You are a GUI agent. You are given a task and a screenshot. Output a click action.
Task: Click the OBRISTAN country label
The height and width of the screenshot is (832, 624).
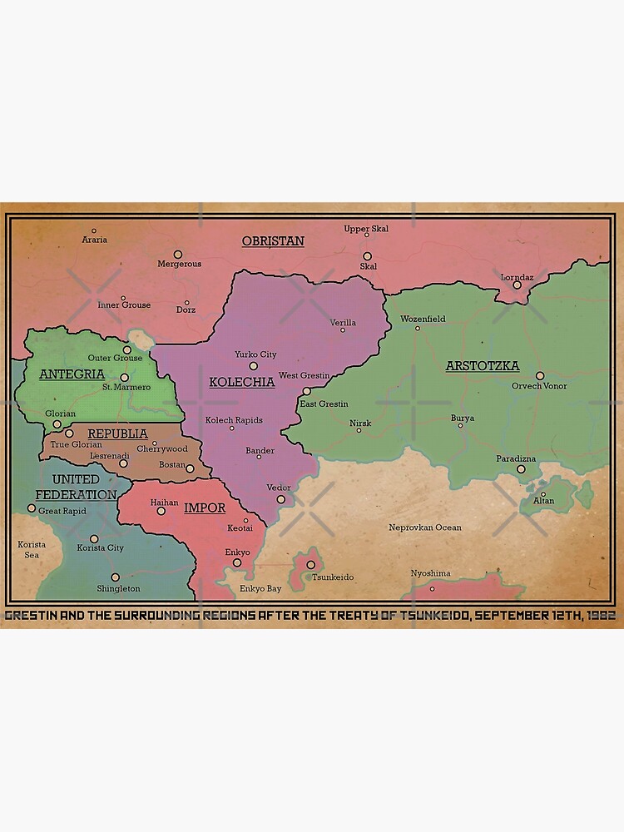(x=273, y=241)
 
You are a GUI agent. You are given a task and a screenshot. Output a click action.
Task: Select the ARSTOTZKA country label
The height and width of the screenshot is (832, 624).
(x=483, y=366)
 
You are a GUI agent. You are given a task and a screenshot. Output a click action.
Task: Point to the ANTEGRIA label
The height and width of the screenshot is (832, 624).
(x=72, y=374)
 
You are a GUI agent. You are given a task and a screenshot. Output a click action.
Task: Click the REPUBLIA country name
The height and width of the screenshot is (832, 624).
(x=117, y=433)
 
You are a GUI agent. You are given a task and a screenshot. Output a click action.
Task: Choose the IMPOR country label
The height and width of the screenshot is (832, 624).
(x=205, y=508)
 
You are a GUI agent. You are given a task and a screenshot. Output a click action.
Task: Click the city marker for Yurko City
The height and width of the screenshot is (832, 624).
(x=254, y=365)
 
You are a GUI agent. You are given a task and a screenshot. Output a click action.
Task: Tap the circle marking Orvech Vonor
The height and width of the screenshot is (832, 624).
(x=540, y=375)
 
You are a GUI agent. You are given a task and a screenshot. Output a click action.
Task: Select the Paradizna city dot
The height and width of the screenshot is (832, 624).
(x=521, y=469)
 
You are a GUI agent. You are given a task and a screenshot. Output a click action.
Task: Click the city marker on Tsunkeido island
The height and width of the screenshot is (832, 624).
(x=310, y=564)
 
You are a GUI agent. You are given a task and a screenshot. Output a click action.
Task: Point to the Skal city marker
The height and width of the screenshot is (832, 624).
(x=367, y=256)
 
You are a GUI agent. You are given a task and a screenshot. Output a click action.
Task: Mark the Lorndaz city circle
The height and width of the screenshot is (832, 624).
(x=517, y=285)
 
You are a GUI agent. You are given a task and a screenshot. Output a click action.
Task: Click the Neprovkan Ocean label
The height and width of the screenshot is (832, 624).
(x=424, y=527)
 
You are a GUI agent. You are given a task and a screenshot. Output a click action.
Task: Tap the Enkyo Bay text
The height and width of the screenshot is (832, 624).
(x=260, y=589)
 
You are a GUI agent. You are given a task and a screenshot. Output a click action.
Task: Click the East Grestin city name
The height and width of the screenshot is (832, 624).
(x=324, y=404)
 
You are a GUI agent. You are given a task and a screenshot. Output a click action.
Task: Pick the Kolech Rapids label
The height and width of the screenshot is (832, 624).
(x=234, y=420)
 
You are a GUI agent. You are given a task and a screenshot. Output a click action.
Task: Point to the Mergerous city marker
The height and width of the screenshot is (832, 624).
(x=177, y=254)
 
